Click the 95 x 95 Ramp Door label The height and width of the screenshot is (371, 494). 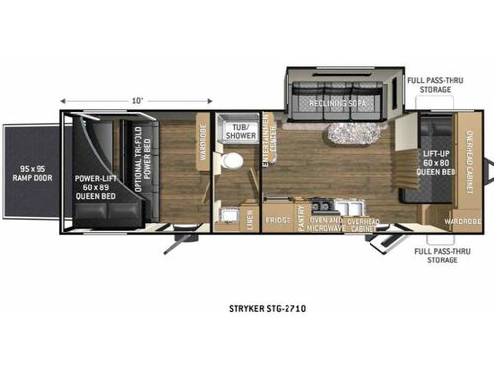click(31, 175)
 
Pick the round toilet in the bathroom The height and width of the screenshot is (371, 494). click(234, 160)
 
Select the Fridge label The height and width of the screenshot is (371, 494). click(278, 219)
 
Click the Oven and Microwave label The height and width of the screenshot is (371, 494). click(327, 223)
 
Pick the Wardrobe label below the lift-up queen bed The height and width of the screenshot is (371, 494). click(461, 222)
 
